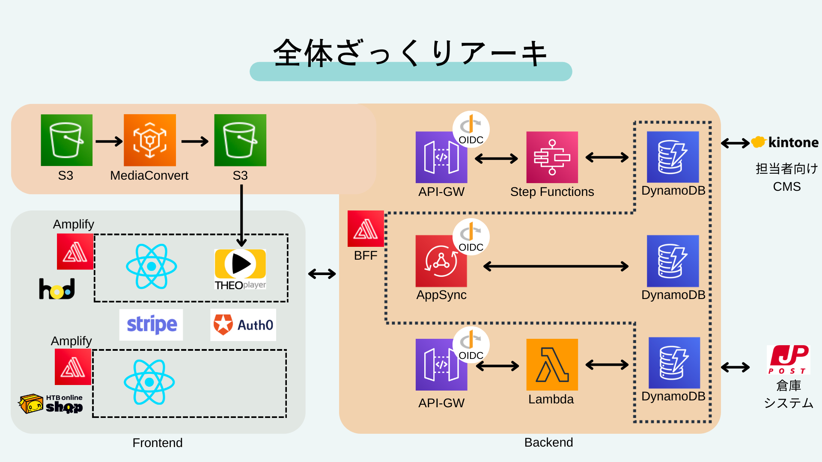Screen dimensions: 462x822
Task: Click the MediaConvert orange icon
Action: click(149, 140)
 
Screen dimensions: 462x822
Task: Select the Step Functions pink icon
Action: click(552, 157)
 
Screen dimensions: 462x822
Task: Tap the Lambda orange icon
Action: click(552, 364)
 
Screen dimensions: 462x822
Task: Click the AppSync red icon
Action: click(441, 261)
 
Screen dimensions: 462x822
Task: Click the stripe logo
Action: click(151, 325)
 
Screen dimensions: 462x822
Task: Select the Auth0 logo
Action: click(243, 325)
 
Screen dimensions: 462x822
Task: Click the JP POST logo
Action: click(788, 360)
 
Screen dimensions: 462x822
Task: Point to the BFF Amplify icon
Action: click(366, 228)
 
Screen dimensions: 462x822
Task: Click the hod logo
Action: click(57, 289)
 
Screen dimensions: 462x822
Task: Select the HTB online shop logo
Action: click(51, 404)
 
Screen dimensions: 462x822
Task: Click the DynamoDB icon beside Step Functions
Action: click(673, 157)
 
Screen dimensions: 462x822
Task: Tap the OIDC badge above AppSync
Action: click(471, 237)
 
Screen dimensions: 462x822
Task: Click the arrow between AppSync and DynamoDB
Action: click(556, 267)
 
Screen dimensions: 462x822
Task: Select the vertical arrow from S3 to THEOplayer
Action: click(241, 214)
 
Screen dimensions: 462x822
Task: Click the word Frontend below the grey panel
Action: click(157, 443)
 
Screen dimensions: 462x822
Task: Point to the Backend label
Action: click(548, 442)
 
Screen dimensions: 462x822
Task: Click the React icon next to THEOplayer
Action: click(151, 267)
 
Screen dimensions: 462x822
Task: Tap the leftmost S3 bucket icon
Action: click(66, 140)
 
